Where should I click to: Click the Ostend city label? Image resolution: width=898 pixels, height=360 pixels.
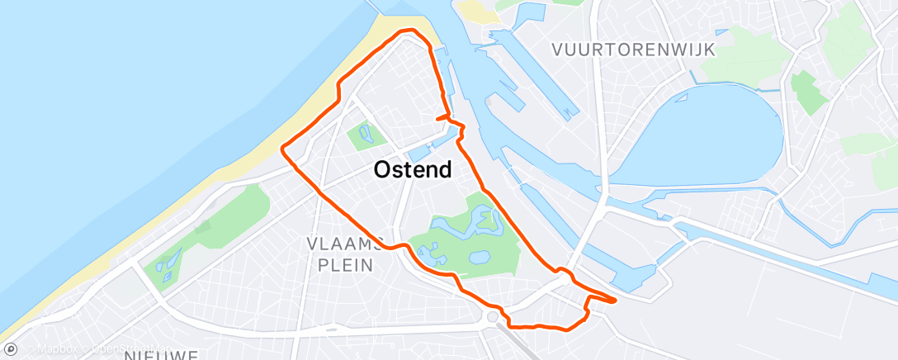point(413,170)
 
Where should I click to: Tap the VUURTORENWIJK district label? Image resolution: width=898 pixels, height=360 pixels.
point(634,50)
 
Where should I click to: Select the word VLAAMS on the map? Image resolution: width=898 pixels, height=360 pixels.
point(344,244)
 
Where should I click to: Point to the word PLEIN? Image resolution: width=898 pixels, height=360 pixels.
point(344,264)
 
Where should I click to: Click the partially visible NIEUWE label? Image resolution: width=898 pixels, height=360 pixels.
point(161,355)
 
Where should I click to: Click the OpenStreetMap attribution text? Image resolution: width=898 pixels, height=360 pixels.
point(116,349)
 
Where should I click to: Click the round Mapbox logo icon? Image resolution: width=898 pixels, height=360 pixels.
point(10,348)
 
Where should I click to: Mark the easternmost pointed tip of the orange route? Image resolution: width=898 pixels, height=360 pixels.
point(615,301)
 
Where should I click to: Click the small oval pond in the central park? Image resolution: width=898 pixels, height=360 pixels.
point(478,258)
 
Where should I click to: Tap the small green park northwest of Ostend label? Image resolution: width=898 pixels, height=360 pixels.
point(362,135)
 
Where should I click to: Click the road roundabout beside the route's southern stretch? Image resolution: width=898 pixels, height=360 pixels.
point(494,315)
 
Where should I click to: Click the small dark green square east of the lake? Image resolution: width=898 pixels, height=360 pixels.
point(809,91)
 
